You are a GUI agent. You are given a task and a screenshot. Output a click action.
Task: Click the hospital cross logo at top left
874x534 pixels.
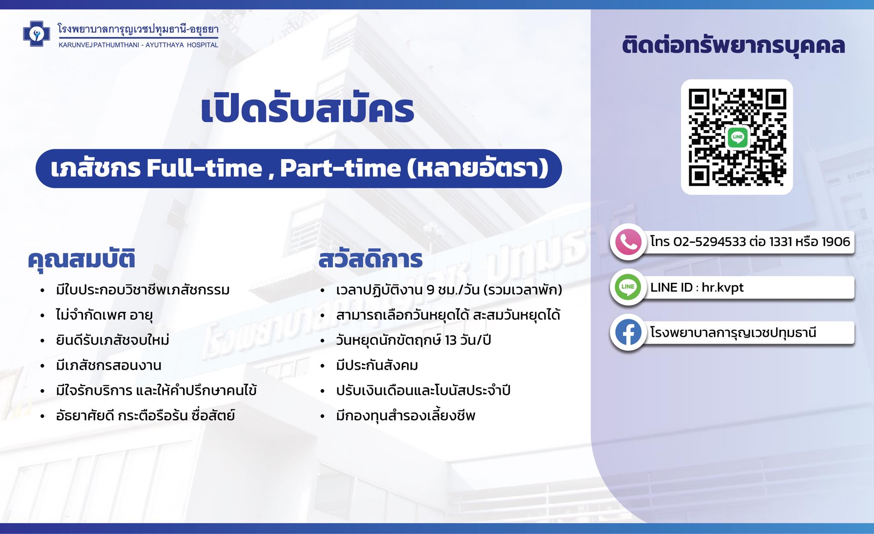pos(37,34)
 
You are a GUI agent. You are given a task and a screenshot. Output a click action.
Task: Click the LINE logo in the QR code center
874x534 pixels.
pos(737,137)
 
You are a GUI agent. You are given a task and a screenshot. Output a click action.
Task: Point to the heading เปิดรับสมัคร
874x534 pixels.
pos(307,109)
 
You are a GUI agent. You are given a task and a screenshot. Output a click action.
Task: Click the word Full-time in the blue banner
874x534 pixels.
pos(204,168)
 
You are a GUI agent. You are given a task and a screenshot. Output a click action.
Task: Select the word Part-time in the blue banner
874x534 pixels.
pos(341,168)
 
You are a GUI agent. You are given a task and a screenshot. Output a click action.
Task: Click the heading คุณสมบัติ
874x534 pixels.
pos(82,259)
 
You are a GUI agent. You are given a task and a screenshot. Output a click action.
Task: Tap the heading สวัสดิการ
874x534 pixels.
pos(370,259)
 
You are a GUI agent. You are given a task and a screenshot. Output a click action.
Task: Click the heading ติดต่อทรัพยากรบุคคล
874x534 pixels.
pos(733,46)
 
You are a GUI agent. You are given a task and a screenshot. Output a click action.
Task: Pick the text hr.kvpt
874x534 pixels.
pos(723,287)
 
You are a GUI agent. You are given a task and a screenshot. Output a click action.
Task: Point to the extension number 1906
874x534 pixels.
pos(836,242)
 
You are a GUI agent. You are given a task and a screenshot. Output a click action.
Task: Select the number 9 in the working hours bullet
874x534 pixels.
pos(430,290)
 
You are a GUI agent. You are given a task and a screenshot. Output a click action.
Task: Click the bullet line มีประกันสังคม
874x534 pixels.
pos(377,366)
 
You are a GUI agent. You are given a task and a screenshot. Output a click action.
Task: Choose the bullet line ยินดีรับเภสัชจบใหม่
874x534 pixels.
pos(113,340)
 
